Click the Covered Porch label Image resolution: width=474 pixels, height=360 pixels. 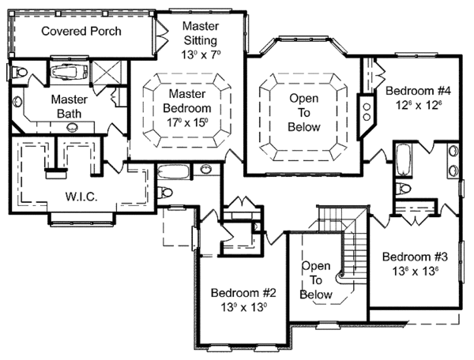click(81, 31)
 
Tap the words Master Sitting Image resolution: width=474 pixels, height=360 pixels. click(201, 33)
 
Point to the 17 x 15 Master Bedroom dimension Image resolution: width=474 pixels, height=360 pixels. click(187, 122)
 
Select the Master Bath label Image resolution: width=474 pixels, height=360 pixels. click(70, 107)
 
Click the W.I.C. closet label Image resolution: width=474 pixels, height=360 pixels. click(81, 197)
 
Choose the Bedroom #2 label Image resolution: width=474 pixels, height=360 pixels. click(243, 293)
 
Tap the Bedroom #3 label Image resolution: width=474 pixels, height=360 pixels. click(415, 257)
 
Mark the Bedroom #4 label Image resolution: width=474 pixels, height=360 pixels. click(419, 91)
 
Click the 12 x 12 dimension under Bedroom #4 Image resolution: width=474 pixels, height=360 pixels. click(419, 105)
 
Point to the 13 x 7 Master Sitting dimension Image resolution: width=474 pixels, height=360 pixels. click(201, 54)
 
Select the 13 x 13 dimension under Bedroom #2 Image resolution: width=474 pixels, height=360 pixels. click(243, 307)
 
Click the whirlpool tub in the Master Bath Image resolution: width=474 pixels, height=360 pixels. click(70, 72)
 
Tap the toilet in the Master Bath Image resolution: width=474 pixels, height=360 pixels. click(18, 72)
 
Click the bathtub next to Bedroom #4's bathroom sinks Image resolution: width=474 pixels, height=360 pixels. click(403, 159)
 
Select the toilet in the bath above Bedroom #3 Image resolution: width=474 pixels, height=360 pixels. click(403, 189)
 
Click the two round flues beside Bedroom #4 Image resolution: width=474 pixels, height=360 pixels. click(367, 112)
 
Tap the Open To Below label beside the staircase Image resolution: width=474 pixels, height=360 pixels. click(315, 280)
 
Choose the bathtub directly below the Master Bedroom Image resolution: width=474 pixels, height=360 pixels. click(174, 172)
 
